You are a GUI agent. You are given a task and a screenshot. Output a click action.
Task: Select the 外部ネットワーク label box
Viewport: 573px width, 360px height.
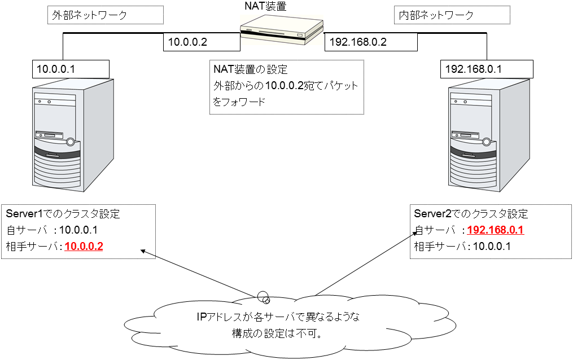[105, 15]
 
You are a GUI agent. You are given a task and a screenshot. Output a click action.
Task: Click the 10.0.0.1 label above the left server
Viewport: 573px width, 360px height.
[56, 69]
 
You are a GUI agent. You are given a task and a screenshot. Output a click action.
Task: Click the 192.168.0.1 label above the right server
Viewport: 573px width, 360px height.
[474, 69]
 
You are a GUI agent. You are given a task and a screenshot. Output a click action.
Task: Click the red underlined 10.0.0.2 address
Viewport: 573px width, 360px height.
[84, 247]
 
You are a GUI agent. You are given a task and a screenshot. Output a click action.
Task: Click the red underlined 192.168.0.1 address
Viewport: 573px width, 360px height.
[496, 230]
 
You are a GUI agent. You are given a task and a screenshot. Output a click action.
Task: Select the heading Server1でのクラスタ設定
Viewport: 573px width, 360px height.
[63, 214]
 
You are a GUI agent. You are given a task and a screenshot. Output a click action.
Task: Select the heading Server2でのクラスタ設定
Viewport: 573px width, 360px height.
[471, 214]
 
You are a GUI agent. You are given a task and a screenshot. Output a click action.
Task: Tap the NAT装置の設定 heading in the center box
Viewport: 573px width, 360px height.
[251, 70]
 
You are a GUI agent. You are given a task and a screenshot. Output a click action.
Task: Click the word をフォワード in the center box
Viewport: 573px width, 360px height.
[239, 102]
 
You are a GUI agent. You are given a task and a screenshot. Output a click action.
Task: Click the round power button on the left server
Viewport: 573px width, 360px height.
[70, 142]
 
